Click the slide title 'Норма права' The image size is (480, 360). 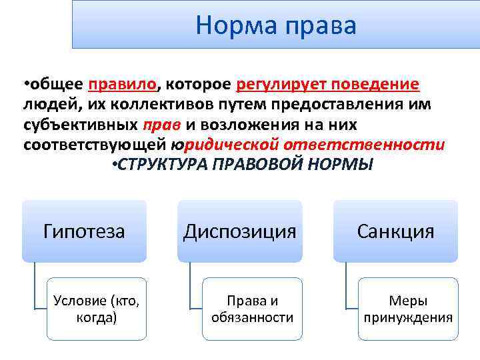point(276,25)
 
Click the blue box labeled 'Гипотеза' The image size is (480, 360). point(84,231)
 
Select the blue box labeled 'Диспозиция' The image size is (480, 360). point(239,231)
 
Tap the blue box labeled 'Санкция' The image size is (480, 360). point(395,231)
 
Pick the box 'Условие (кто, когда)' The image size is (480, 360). point(97,309)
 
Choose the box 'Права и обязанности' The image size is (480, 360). point(252,309)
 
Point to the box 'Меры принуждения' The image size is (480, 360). point(408,309)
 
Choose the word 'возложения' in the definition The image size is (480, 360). point(245,125)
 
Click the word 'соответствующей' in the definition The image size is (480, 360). point(94,145)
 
